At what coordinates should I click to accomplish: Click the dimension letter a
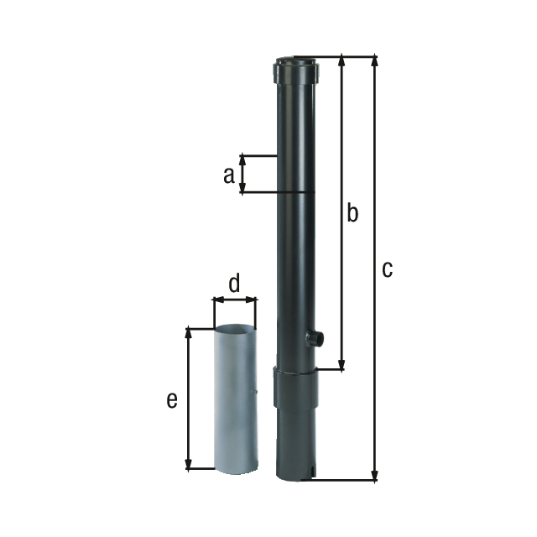click(227, 175)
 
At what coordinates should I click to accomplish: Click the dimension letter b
click(352, 213)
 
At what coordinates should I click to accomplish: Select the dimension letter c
click(386, 269)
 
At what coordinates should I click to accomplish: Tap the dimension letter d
click(235, 284)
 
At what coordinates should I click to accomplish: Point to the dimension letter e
click(172, 400)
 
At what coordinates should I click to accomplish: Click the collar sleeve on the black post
click(296, 388)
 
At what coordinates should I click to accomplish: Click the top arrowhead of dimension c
click(374, 61)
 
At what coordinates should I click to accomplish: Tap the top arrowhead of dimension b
click(341, 61)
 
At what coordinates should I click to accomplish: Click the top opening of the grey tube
click(235, 329)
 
